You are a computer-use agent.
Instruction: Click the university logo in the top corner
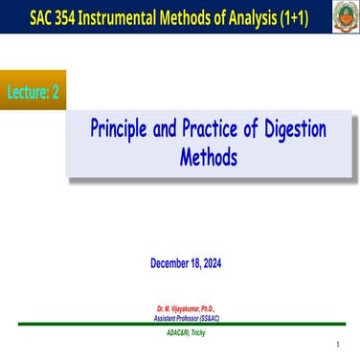point(345,16)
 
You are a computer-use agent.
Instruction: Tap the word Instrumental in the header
point(125,17)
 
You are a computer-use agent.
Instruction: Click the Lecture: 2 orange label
point(34,89)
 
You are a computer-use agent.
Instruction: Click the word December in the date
point(172,262)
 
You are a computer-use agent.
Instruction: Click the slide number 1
point(338,344)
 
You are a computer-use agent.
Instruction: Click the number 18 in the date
point(198,262)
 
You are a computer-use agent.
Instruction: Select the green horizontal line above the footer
point(180,324)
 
